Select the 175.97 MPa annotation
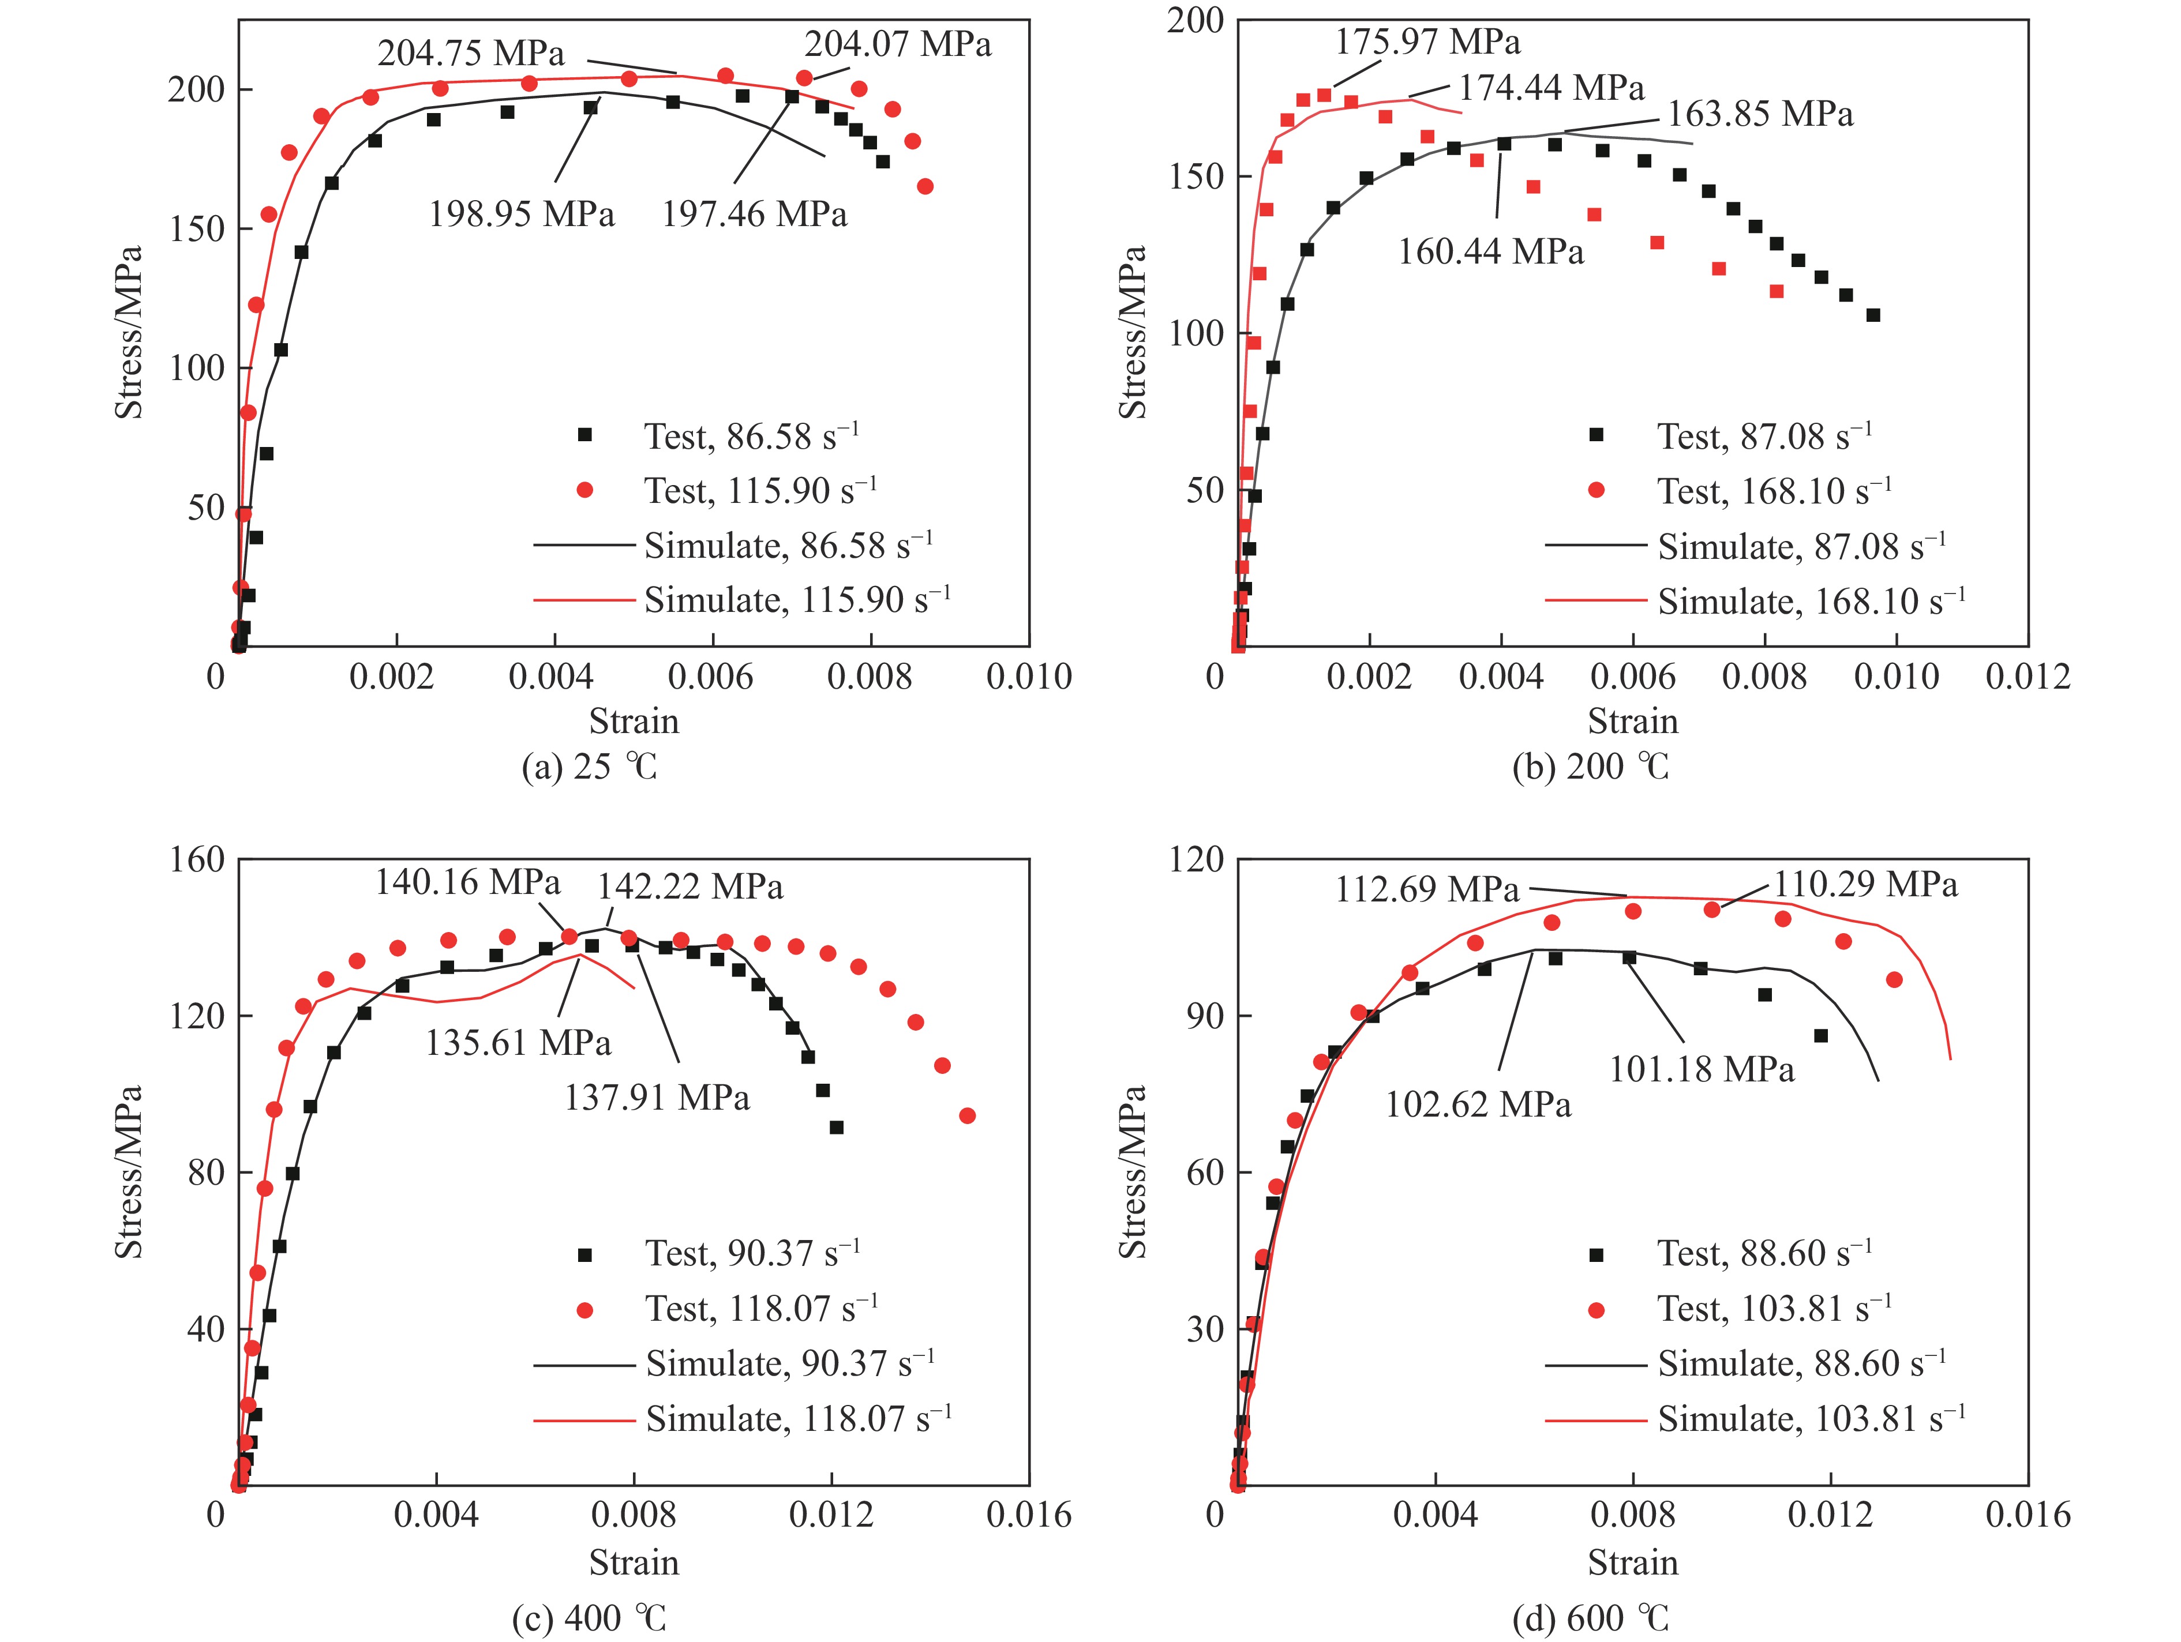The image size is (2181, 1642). click(x=1427, y=42)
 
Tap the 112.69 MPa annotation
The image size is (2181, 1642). click(x=1427, y=890)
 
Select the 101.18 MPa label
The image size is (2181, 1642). click(x=1701, y=1069)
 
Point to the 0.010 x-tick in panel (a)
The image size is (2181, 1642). click(x=1028, y=677)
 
